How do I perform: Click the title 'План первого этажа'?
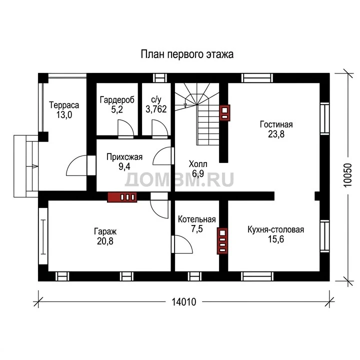(x=187, y=54)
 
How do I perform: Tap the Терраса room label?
(x=64, y=105)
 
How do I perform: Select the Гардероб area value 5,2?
(x=117, y=109)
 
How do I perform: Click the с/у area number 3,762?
(x=156, y=109)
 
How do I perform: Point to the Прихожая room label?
(x=124, y=157)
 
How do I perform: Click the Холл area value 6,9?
(x=198, y=174)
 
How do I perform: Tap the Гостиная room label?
(x=276, y=124)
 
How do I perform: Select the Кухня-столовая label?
(x=275, y=229)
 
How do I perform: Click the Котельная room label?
(x=197, y=219)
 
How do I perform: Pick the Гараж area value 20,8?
(x=105, y=241)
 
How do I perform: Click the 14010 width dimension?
(x=184, y=302)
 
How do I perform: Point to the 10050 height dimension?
(x=348, y=175)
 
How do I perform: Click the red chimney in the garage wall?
(x=122, y=197)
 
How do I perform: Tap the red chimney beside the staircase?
(x=224, y=112)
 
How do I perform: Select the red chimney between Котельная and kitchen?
(x=222, y=241)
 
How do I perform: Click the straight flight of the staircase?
(x=207, y=124)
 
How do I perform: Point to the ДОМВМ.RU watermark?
(x=179, y=179)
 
